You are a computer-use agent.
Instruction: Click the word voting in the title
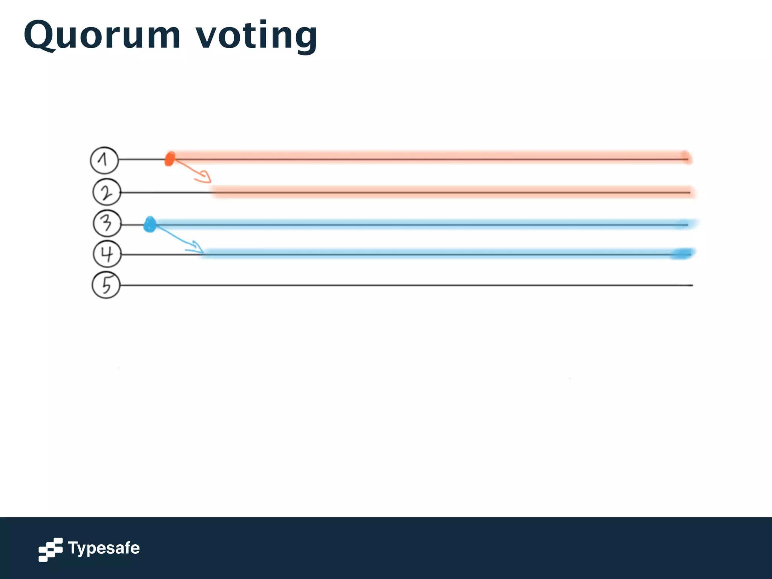pos(256,36)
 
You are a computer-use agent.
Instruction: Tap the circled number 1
pos(104,160)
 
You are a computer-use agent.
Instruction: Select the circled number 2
pos(107,192)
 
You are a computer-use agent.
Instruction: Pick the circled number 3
pos(107,224)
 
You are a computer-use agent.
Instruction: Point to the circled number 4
pos(107,254)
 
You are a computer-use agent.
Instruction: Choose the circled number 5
pos(106,285)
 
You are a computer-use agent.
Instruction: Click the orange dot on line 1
pos(170,159)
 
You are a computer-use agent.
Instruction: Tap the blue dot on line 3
pos(150,225)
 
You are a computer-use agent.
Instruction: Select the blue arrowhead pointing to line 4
pos(198,247)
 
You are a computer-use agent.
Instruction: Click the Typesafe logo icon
pos(51,549)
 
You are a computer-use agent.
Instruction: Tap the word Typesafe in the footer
pos(104,548)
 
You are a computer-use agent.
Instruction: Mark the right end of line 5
pos(692,285)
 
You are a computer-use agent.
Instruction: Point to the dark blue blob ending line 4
pos(682,254)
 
